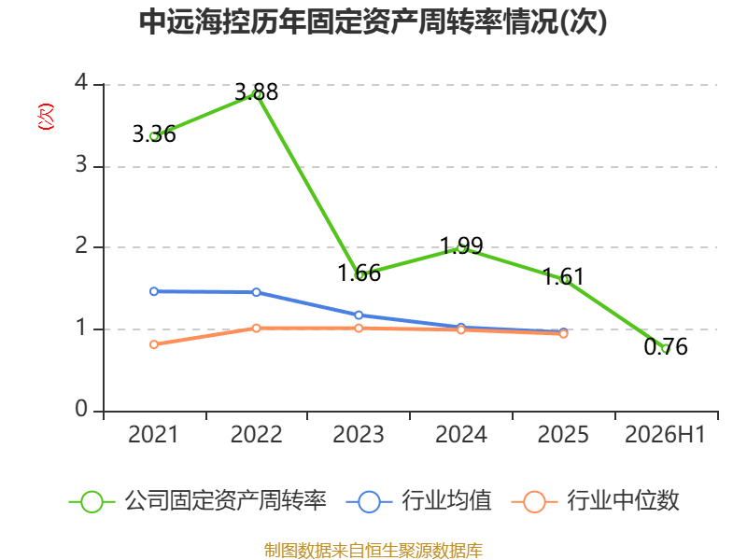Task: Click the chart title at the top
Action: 373,21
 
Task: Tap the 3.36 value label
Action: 154,134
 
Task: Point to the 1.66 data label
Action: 359,273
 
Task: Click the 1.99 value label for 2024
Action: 461,245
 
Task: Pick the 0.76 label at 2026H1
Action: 666,346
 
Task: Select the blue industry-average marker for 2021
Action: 154,291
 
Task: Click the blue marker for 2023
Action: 359,315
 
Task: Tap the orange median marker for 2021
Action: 154,344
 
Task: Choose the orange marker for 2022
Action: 256,329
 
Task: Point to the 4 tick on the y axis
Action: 81,83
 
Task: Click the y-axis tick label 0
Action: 81,409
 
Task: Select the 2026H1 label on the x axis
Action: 665,435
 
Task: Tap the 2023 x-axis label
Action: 359,435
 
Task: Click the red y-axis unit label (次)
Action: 46,117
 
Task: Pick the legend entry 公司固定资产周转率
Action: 198,501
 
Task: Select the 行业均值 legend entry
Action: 418,501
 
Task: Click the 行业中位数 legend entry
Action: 595,501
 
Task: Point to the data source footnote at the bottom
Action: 373,551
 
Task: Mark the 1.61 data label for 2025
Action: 564,276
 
